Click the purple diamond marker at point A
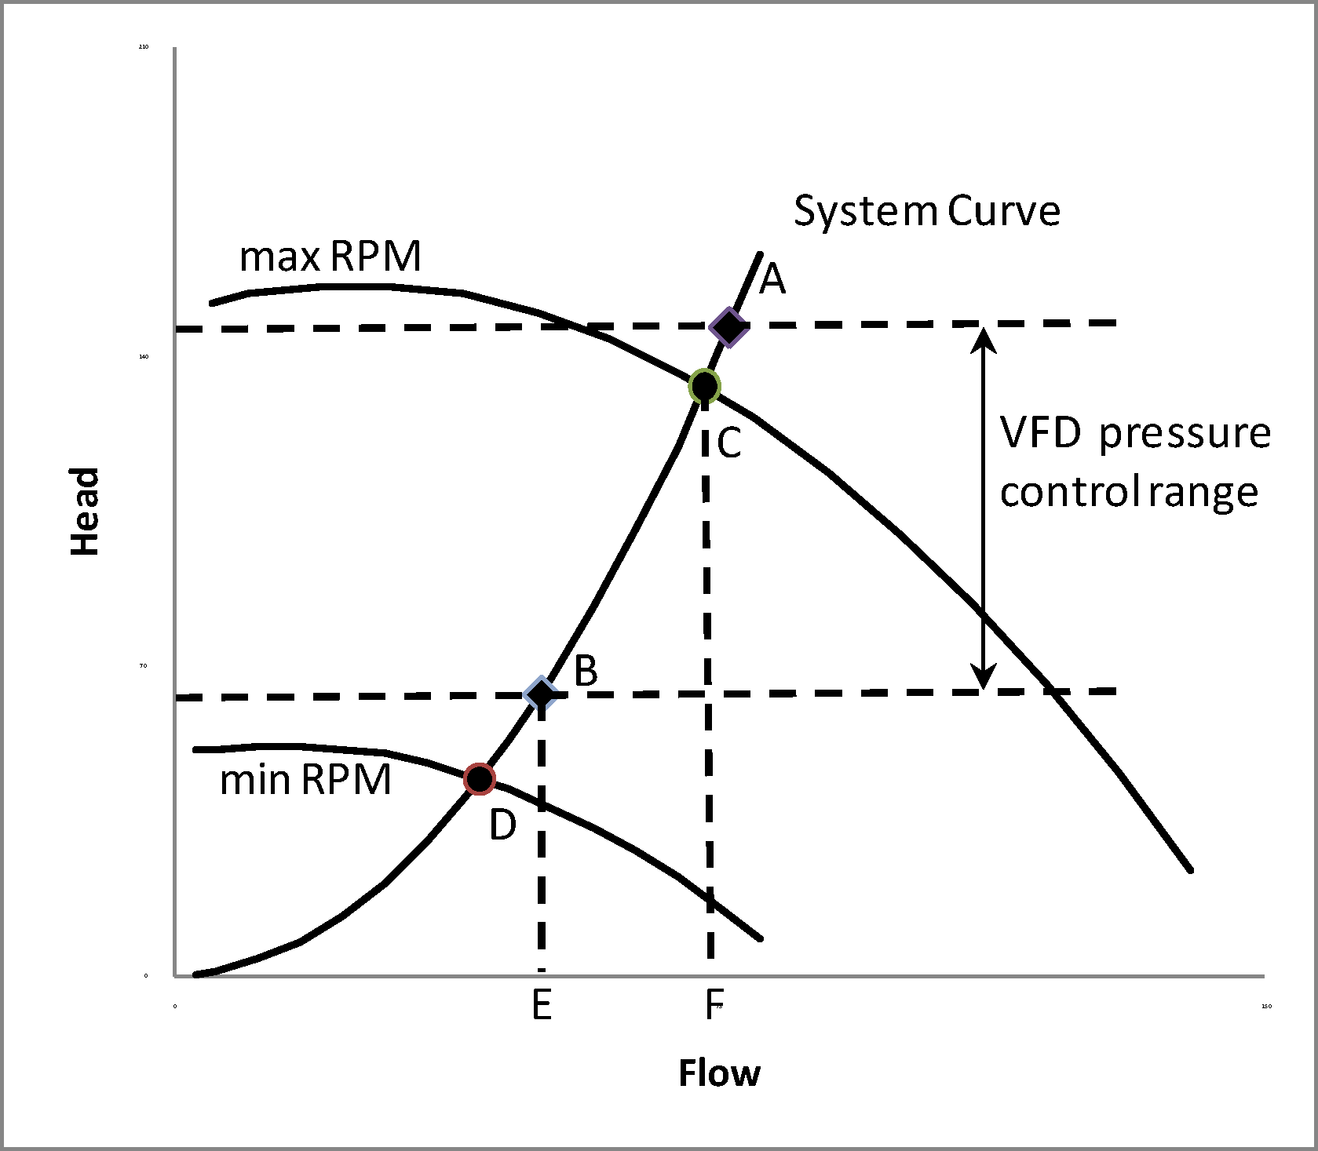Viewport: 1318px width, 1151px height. [x=728, y=326]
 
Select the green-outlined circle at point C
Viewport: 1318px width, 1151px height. [x=704, y=386]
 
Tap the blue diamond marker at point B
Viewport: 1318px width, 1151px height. [x=541, y=694]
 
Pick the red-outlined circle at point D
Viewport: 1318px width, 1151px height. [x=479, y=778]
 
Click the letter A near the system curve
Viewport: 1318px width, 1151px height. [x=772, y=279]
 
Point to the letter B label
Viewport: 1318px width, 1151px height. [x=586, y=671]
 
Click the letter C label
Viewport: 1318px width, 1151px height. [x=729, y=443]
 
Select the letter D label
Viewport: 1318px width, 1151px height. [x=502, y=825]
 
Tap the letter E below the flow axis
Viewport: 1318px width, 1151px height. [x=542, y=1005]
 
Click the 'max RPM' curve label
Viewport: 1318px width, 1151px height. [x=330, y=256]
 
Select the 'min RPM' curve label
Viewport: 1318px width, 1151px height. [x=305, y=780]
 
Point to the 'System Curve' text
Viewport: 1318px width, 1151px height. [x=927, y=211]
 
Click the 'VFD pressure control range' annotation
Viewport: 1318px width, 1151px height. [x=1134, y=462]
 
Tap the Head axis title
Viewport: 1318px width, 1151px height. [x=86, y=512]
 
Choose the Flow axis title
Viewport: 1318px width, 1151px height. [x=719, y=1073]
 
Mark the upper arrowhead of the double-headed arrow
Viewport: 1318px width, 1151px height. [x=984, y=338]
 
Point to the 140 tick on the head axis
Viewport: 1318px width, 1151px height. [x=144, y=357]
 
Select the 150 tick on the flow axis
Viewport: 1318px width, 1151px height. [x=1266, y=1007]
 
